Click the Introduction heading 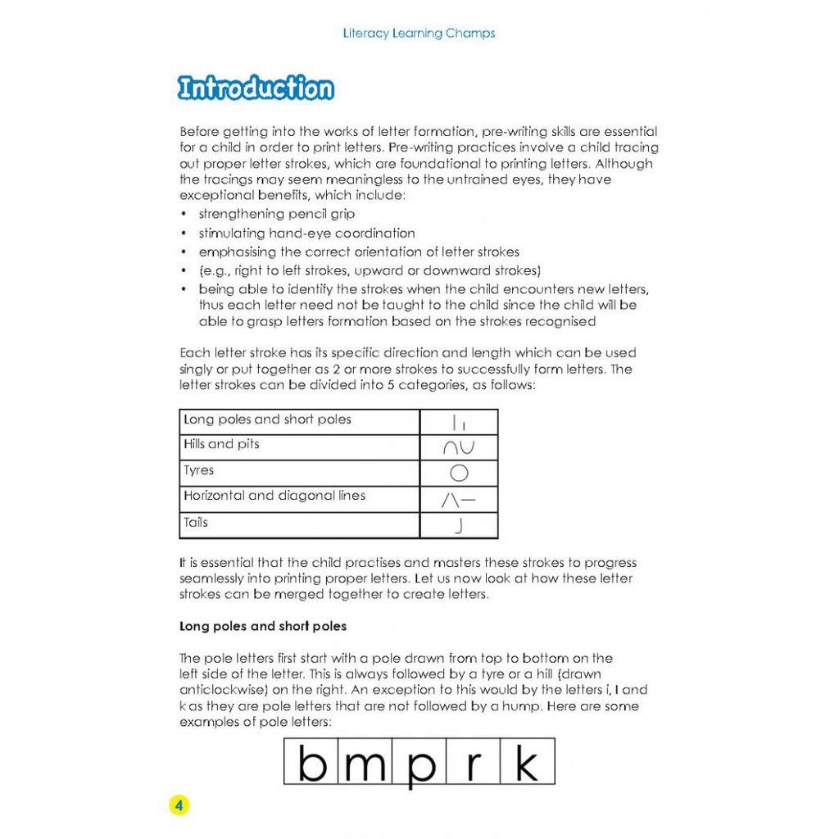[x=256, y=88]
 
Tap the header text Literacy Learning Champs [x=419, y=34]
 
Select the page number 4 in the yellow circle [x=179, y=805]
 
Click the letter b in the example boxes [x=312, y=762]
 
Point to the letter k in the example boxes [x=526, y=762]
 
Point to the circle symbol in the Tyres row [x=459, y=473]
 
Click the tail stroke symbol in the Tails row [x=459, y=526]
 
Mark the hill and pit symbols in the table [x=459, y=447]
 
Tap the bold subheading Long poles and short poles [x=263, y=626]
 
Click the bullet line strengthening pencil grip [x=277, y=215]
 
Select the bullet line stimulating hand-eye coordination [x=306, y=234]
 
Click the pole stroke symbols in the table [x=459, y=423]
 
